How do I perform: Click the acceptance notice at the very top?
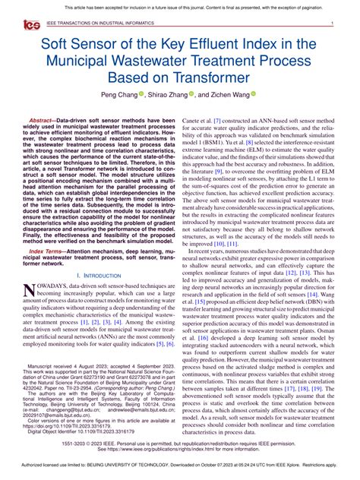click(180, 7)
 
